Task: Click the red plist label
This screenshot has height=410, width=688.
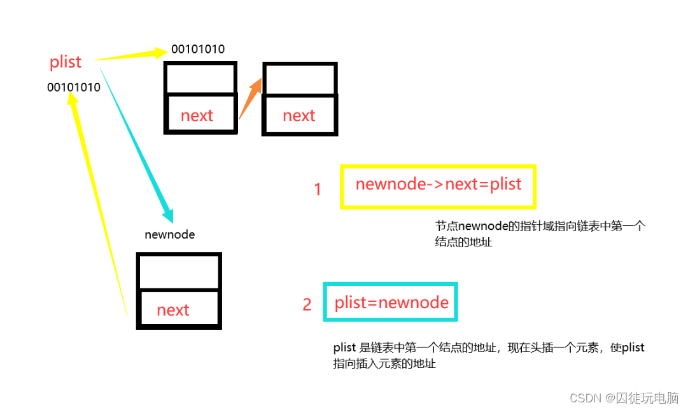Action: click(x=66, y=62)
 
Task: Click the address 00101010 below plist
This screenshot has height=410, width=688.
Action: click(x=74, y=87)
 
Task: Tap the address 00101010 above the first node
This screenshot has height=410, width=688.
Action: click(x=198, y=49)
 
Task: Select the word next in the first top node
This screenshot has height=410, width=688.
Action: click(x=197, y=115)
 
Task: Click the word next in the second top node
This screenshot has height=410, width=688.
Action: click(x=299, y=115)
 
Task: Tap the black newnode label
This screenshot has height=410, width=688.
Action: click(x=169, y=234)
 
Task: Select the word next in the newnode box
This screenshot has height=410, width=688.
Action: click(x=173, y=309)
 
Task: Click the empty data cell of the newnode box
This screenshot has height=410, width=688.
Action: click(x=179, y=272)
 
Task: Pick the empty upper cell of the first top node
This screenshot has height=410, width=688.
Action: click(x=200, y=79)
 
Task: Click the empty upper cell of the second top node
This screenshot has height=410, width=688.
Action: click(x=300, y=80)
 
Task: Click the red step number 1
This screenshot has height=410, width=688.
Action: click(x=318, y=189)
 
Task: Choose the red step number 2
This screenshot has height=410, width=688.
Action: click(x=307, y=304)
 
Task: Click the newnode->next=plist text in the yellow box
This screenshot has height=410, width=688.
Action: click(x=439, y=185)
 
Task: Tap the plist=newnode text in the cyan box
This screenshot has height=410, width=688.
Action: click(x=391, y=302)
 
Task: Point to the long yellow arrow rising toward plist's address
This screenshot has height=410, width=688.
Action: click(x=99, y=204)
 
